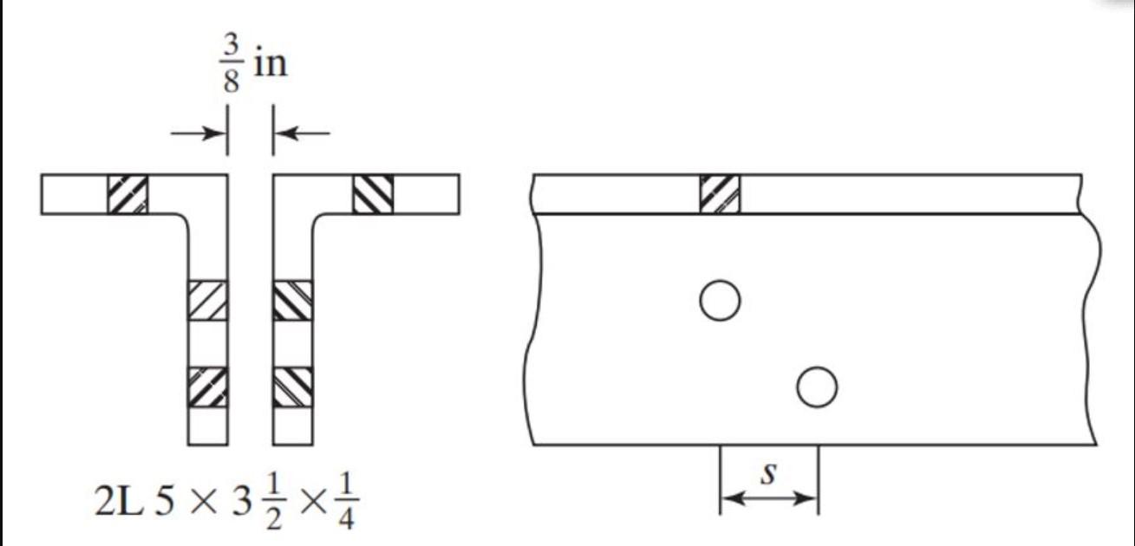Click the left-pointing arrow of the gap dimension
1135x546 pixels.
pos(303,133)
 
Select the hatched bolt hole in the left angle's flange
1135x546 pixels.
pos(127,194)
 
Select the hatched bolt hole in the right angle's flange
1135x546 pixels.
pos(374,194)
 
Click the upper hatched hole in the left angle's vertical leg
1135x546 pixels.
pos(208,301)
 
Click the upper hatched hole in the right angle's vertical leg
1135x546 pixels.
pos(292,301)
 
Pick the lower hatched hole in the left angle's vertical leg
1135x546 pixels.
pos(208,387)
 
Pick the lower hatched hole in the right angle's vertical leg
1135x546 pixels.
pos(292,387)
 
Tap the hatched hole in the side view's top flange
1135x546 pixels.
pos(721,194)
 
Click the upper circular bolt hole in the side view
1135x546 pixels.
pos(720,301)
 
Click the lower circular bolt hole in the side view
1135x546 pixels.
pos(816,387)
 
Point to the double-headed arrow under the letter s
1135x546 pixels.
pos(769,498)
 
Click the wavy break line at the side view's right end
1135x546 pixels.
pos(1091,312)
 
